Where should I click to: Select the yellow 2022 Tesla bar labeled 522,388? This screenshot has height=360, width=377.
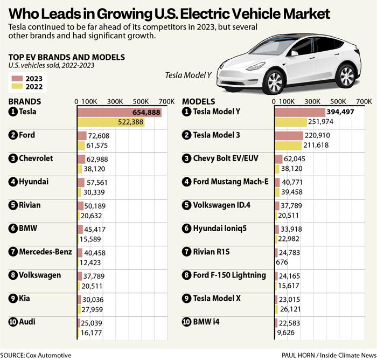pos(111,122)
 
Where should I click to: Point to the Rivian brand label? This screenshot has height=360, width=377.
pos(29,205)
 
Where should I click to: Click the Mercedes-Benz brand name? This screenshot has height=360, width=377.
pos(45,252)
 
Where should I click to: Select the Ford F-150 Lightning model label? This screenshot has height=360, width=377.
pos(229,275)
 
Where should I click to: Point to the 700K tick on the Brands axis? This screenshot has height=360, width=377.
pos(166,101)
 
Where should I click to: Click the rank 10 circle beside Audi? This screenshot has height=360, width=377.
pos(13,322)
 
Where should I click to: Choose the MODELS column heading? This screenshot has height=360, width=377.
pos(199,101)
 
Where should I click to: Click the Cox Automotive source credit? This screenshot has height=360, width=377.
pos(36,355)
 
